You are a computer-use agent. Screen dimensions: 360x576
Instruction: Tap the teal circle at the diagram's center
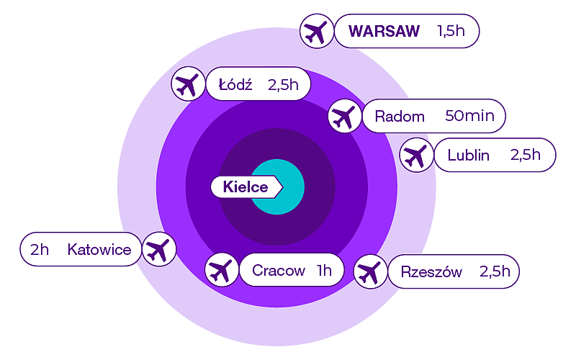tap(287, 187)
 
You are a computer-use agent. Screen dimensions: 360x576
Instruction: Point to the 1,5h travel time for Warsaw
tap(451, 32)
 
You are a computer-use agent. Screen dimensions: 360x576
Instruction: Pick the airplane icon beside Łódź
tap(188, 84)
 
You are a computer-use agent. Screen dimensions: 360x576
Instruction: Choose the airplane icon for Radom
tap(344, 116)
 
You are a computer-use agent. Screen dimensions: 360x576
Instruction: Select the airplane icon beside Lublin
tap(415, 155)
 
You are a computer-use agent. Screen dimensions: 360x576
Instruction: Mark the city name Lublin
tap(468, 155)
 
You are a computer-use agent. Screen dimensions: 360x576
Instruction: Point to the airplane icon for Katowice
tap(158, 250)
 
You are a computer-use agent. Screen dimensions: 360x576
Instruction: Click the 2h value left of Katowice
tap(40, 250)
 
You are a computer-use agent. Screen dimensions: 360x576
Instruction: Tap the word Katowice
tap(99, 250)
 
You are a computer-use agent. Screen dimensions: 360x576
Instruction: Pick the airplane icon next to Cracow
tap(222, 271)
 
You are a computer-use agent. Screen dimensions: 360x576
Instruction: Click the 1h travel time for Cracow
tap(324, 271)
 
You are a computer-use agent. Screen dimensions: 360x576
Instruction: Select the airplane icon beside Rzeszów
tap(369, 271)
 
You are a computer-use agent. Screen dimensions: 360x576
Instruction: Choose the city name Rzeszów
tap(426, 272)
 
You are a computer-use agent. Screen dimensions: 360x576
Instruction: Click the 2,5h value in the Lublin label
tap(526, 155)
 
